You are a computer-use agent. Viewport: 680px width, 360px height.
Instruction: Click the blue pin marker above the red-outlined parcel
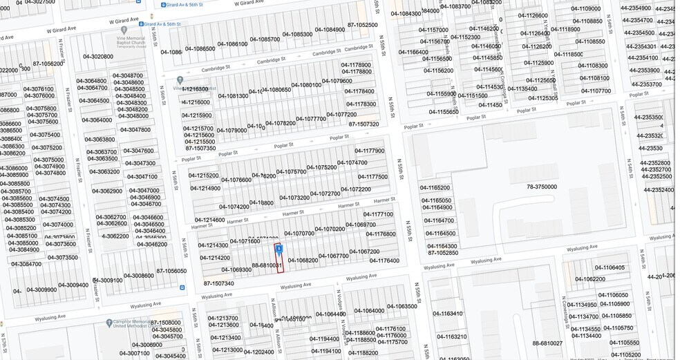click(279, 249)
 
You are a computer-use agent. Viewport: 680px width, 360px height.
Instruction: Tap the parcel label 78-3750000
click(541, 187)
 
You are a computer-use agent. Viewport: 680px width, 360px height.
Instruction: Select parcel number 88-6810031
click(267, 265)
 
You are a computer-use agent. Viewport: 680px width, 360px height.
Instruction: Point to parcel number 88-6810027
click(547, 343)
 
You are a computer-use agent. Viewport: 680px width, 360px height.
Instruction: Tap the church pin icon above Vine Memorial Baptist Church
click(124, 30)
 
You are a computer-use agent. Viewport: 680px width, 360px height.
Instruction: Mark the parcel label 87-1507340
click(218, 283)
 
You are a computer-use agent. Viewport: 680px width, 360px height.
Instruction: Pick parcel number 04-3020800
click(98, 57)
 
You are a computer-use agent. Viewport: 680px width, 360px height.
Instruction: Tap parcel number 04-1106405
click(609, 267)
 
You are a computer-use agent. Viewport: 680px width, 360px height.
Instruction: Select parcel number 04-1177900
click(370, 151)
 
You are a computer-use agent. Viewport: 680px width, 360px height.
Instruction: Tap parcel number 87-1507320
click(363, 124)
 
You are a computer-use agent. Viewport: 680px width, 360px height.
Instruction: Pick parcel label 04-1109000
click(585, 8)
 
